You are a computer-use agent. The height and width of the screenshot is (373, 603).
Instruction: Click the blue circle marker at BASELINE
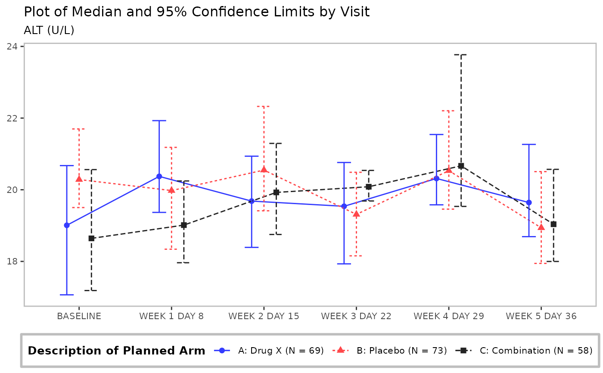coord(67,225)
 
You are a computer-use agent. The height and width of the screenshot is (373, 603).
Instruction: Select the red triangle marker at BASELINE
coord(79,179)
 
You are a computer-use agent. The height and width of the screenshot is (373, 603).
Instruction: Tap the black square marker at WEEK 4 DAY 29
coord(461,166)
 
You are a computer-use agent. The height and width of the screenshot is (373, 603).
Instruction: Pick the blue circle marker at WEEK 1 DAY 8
coord(159,176)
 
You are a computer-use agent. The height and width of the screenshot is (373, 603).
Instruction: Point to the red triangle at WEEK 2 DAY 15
coord(264,169)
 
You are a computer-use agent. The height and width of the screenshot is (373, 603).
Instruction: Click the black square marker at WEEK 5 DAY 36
coord(553,224)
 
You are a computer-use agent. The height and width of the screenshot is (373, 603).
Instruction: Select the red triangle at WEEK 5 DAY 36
coord(541,227)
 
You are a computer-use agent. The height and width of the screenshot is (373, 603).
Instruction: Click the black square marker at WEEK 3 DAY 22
coord(369,186)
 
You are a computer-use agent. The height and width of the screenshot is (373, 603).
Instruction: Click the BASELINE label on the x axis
coord(79,316)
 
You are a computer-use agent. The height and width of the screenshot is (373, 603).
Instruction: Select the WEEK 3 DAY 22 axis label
coord(356,316)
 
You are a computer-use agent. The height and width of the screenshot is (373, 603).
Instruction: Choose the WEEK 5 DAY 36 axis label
coord(541,316)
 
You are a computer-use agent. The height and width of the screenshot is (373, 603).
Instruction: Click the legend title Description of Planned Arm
coord(116,351)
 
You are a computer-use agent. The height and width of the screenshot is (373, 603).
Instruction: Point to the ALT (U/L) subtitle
coord(49,30)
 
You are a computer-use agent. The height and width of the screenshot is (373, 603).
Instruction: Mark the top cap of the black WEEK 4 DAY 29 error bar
coord(461,55)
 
